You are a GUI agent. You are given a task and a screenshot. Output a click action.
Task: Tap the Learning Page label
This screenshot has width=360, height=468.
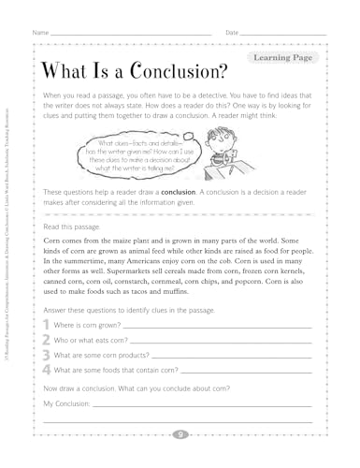click(280, 58)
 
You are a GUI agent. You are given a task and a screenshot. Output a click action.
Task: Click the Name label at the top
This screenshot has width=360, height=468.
click(39, 33)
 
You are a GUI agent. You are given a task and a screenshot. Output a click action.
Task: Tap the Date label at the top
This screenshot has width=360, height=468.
click(233, 33)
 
